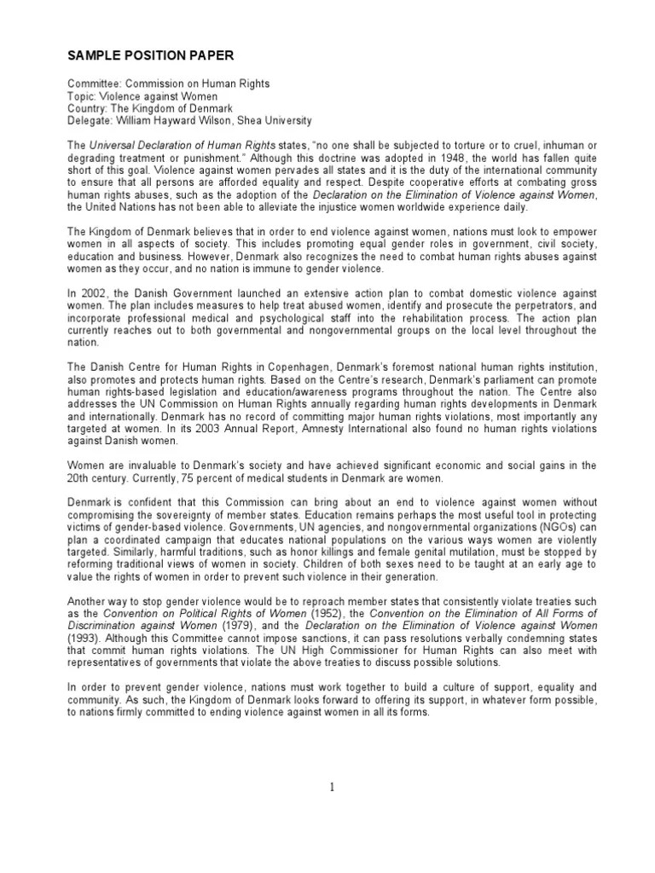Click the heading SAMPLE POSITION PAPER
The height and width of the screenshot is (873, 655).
148,56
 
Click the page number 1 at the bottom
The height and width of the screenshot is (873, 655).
332,786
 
